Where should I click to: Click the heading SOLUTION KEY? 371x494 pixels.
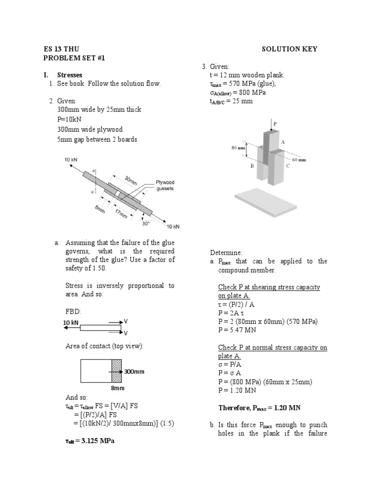click(x=290, y=49)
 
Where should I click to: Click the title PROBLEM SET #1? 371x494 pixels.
click(x=74, y=58)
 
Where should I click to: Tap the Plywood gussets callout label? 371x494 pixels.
click(x=165, y=186)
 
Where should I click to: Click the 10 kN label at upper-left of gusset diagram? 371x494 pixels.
click(x=71, y=160)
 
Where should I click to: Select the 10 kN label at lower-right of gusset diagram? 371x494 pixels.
click(x=173, y=226)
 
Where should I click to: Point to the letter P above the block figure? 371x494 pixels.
click(x=275, y=123)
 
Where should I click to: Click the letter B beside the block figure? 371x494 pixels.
click(x=251, y=165)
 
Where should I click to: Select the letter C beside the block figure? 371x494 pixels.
click(x=288, y=165)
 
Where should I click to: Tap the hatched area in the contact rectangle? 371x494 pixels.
click(x=116, y=371)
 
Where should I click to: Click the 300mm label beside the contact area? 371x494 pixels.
click(x=134, y=372)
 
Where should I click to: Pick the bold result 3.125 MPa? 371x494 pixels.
click(x=90, y=441)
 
